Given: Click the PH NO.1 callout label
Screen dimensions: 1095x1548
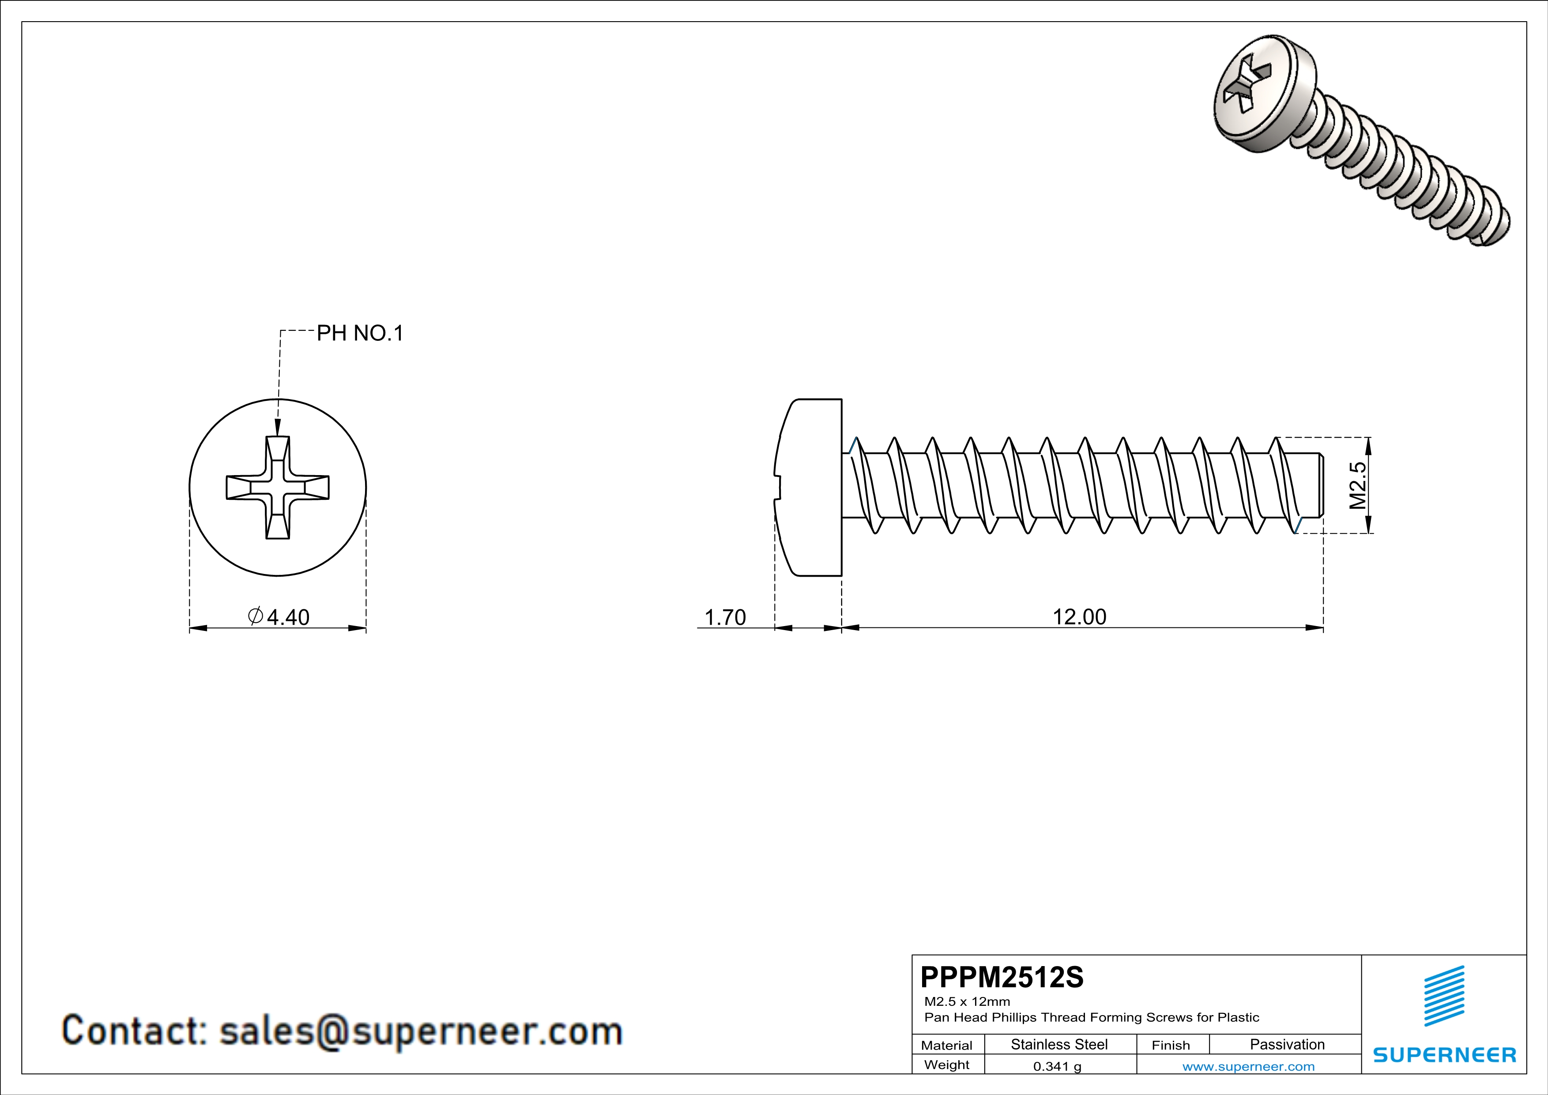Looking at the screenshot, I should click(360, 333).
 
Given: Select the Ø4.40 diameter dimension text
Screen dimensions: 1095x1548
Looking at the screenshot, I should click(279, 616).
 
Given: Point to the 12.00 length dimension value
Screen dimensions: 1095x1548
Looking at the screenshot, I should click(1079, 616).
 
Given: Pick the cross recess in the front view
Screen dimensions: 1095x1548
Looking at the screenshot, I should click(278, 487).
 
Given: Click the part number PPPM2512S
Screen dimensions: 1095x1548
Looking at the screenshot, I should click(1002, 977).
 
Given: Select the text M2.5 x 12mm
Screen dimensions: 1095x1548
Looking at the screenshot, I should click(967, 1001).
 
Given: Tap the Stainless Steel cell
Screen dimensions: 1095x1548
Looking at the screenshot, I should click(1059, 1044).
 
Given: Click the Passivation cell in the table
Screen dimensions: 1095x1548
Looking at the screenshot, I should click(1287, 1044).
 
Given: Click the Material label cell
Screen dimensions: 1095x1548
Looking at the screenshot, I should click(947, 1045).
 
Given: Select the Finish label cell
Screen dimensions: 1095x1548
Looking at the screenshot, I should click(1171, 1045).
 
